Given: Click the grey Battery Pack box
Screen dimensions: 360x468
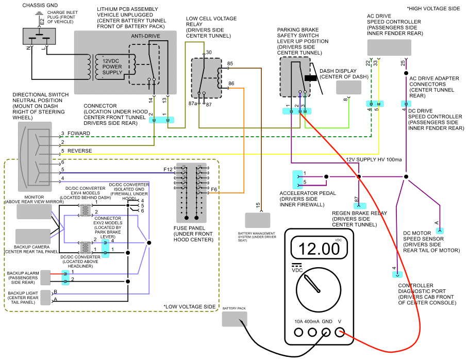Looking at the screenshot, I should coord(235,319).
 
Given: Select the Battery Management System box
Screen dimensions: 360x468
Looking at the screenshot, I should coord(257,220).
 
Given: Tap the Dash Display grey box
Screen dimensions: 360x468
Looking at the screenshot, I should coord(349,87).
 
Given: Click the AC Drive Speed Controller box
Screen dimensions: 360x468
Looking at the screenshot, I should coord(389,47).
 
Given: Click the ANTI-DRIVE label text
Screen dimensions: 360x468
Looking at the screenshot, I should coord(145,36).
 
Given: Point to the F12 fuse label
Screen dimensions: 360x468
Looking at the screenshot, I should coord(168,169).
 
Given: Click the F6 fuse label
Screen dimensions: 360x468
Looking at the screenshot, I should coord(214,190).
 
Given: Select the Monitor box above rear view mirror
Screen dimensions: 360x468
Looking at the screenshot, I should coord(34,211).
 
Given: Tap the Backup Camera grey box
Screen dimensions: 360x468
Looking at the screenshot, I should coord(32,237).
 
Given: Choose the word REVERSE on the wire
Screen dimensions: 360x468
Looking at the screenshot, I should coord(80,151).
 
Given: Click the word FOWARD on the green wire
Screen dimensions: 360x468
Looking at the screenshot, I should coord(78,134).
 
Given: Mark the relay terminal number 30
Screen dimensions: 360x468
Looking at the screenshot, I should coord(209,53).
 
